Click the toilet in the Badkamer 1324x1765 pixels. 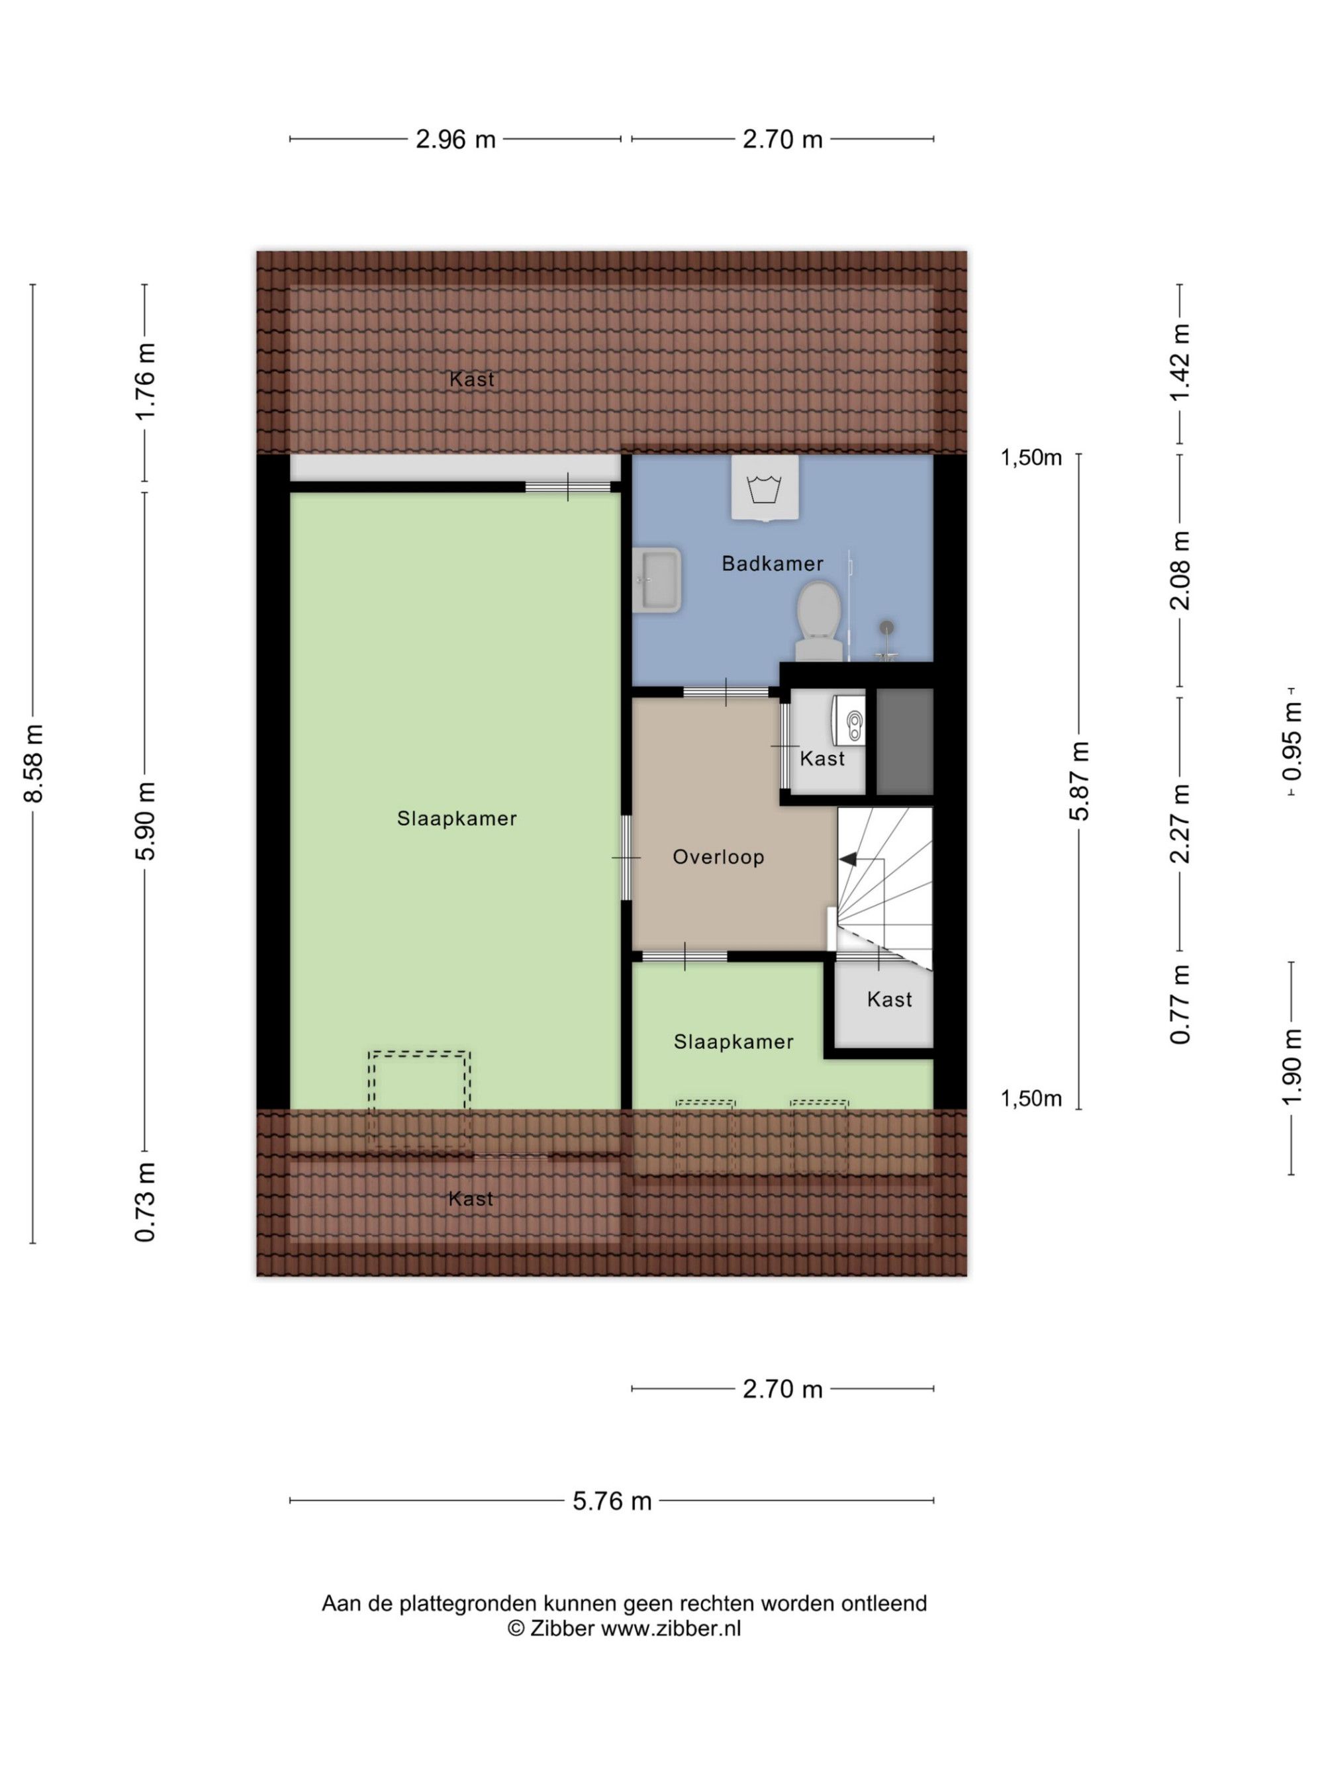coord(818,621)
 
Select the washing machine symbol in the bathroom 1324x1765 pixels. coord(765,488)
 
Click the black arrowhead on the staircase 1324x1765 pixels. coord(847,858)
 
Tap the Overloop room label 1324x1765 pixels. coord(718,857)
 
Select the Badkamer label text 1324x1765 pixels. coord(772,563)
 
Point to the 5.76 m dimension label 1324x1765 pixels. coord(612,1501)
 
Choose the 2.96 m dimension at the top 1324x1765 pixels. coord(455,140)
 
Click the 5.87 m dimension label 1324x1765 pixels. coord(1079,781)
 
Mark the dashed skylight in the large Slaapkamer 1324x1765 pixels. coord(419,1101)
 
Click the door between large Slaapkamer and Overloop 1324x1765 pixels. coord(626,858)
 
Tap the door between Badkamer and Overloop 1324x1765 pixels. coord(726,692)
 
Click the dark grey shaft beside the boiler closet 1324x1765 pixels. coord(905,741)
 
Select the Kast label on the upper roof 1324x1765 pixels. coord(471,379)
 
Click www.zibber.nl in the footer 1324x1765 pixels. coord(671,1629)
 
